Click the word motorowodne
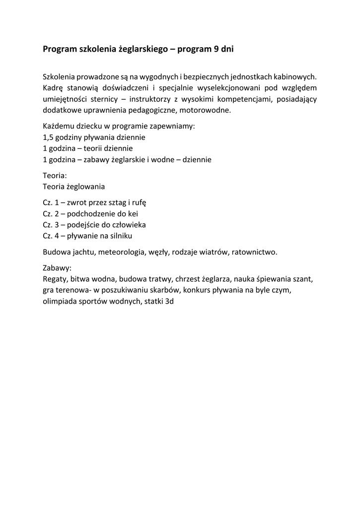point(205,110)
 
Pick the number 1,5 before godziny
point(49,137)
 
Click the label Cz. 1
point(51,203)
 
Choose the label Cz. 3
point(51,225)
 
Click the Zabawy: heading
point(57,268)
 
